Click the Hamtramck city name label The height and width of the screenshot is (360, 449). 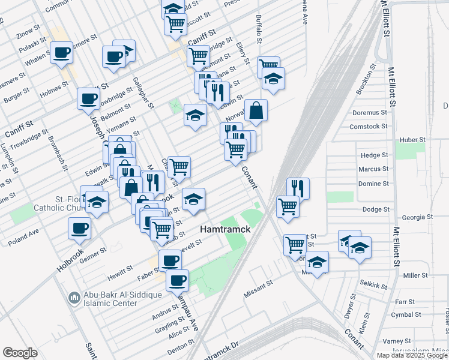click(x=224, y=230)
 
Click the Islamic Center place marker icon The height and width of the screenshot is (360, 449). click(x=74, y=297)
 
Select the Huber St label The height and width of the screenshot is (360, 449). click(x=412, y=140)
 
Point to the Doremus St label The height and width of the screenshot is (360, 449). click(x=369, y=112)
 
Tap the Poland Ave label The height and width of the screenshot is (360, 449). click(x=23, y=236)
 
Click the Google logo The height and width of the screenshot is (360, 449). click(x=20, y=353)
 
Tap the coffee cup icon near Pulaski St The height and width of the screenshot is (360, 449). click(x=62, y=53)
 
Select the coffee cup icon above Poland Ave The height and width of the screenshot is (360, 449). click(x=80, y=228)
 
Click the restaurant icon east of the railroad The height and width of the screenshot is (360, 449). click(x=298, y=188)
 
